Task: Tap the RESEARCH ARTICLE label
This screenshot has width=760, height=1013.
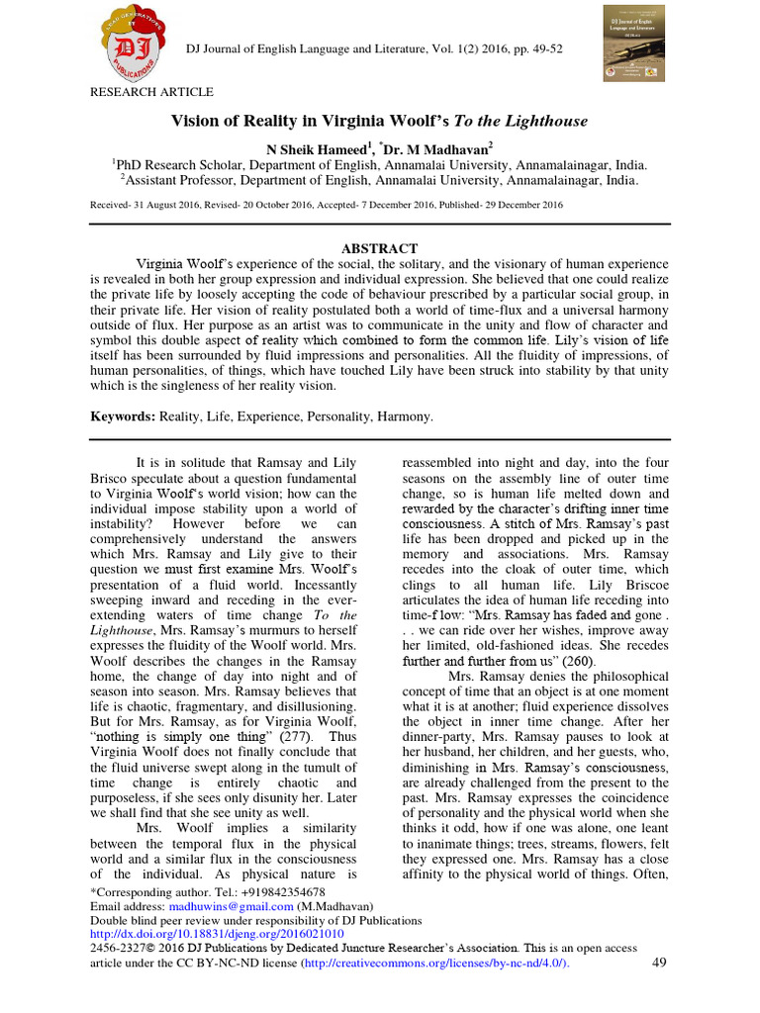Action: point(151,92)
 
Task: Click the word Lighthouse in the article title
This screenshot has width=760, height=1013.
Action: point(541,122)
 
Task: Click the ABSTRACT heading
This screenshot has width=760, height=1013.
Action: point(379,248)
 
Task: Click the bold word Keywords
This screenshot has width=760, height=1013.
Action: point(122,417)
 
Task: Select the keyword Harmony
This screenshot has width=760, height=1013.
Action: point(403,417)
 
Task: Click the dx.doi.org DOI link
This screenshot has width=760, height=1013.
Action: point(217,934)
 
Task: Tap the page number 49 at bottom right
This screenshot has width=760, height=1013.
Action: point(660,963)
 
